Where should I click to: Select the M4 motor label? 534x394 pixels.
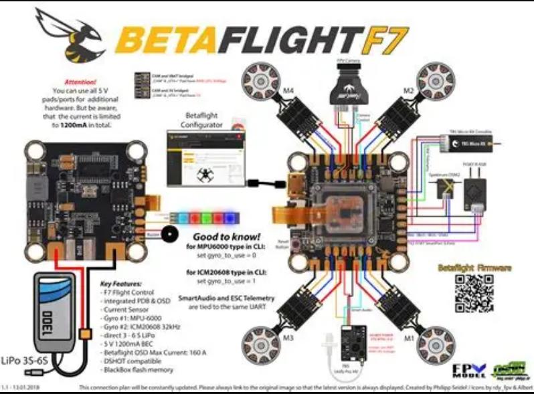tap(289, 90)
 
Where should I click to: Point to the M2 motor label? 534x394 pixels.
tap(408, 90)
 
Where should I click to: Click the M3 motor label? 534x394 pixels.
tap(288, 338)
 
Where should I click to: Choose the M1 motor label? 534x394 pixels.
tap(408, 338)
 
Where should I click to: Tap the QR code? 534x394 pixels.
tap(473, 294)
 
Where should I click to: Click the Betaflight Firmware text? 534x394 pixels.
tap(474, 268)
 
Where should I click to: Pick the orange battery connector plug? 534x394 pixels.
tap(85, 333)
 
